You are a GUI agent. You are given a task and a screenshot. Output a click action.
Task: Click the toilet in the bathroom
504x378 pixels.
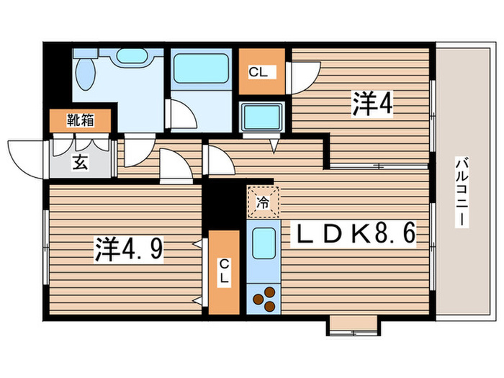[x=84, y=72]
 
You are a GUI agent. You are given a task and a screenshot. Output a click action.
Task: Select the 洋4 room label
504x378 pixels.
[x=372, y=104]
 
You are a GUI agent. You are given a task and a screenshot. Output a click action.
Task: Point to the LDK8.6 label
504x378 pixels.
[x=354, y=235]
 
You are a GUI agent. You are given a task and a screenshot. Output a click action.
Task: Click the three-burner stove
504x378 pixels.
[x=264, y=299]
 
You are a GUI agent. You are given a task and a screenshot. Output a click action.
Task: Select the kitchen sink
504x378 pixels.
[x=264, y=243]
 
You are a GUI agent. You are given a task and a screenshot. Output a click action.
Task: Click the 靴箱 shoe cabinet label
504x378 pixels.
[x=80, y=120]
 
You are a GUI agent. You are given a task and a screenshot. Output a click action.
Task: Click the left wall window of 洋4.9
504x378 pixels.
[x=45, y=245]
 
